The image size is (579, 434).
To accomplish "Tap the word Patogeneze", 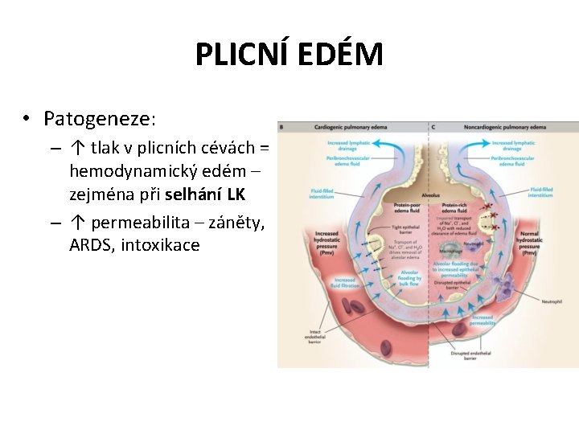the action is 98,119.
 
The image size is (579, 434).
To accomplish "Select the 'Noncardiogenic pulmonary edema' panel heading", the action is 504,127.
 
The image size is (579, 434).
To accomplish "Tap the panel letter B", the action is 281,127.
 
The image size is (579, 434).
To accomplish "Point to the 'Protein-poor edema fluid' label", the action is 408,208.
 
